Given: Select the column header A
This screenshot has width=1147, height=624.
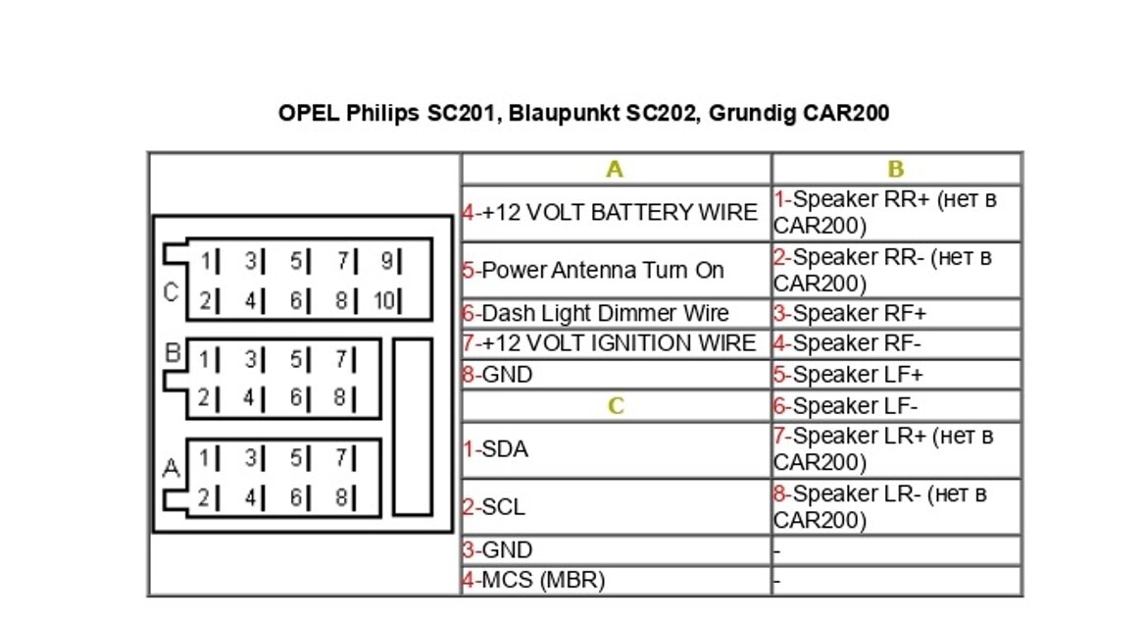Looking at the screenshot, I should click(615, 170).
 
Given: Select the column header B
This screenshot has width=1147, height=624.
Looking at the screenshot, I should click(895, 170).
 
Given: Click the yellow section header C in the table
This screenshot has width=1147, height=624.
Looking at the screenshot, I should click(615, 406).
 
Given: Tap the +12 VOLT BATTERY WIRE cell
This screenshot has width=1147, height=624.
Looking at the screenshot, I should click(616, 213).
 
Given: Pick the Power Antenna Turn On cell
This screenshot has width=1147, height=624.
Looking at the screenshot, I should click(616, 271).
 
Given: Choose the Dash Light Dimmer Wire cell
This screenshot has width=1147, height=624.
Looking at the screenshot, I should click(616, 314).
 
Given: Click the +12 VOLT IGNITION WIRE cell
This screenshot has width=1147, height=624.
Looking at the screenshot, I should click(616, 343).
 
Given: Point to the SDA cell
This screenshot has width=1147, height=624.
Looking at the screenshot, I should click(616, 449).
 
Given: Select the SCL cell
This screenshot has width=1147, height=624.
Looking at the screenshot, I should click(616, 507).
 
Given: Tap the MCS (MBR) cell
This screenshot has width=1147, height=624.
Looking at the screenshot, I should click(616, 580).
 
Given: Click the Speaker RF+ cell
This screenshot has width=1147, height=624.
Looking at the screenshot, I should click(896, 314).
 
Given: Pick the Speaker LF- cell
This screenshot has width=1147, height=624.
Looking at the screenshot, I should click(896, 405).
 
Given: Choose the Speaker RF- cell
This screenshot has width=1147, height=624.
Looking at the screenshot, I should click(896, 343).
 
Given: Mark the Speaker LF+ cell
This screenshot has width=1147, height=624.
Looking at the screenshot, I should click(896, 375).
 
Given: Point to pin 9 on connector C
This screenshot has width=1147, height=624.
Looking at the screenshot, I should click(386, 261).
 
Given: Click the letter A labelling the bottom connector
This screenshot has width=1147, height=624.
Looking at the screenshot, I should click(172, 470).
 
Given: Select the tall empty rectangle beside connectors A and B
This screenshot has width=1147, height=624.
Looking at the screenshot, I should click(412, 427).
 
